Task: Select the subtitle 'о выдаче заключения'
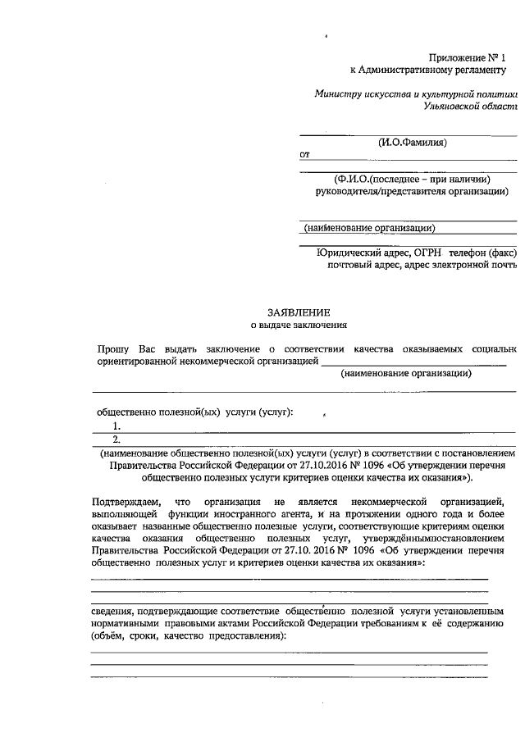pos(299,326)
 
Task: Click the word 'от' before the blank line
pos(305,155)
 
